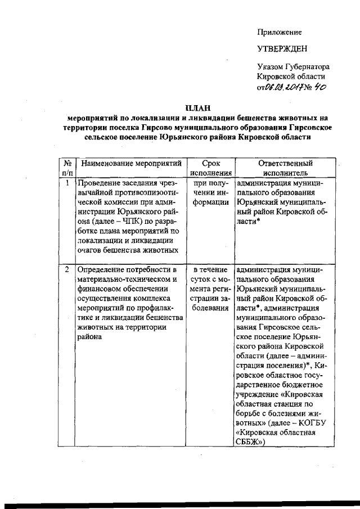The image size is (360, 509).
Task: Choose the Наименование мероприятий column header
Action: (x=132, y=164)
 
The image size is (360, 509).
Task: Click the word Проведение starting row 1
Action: (x=100, y=183)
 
